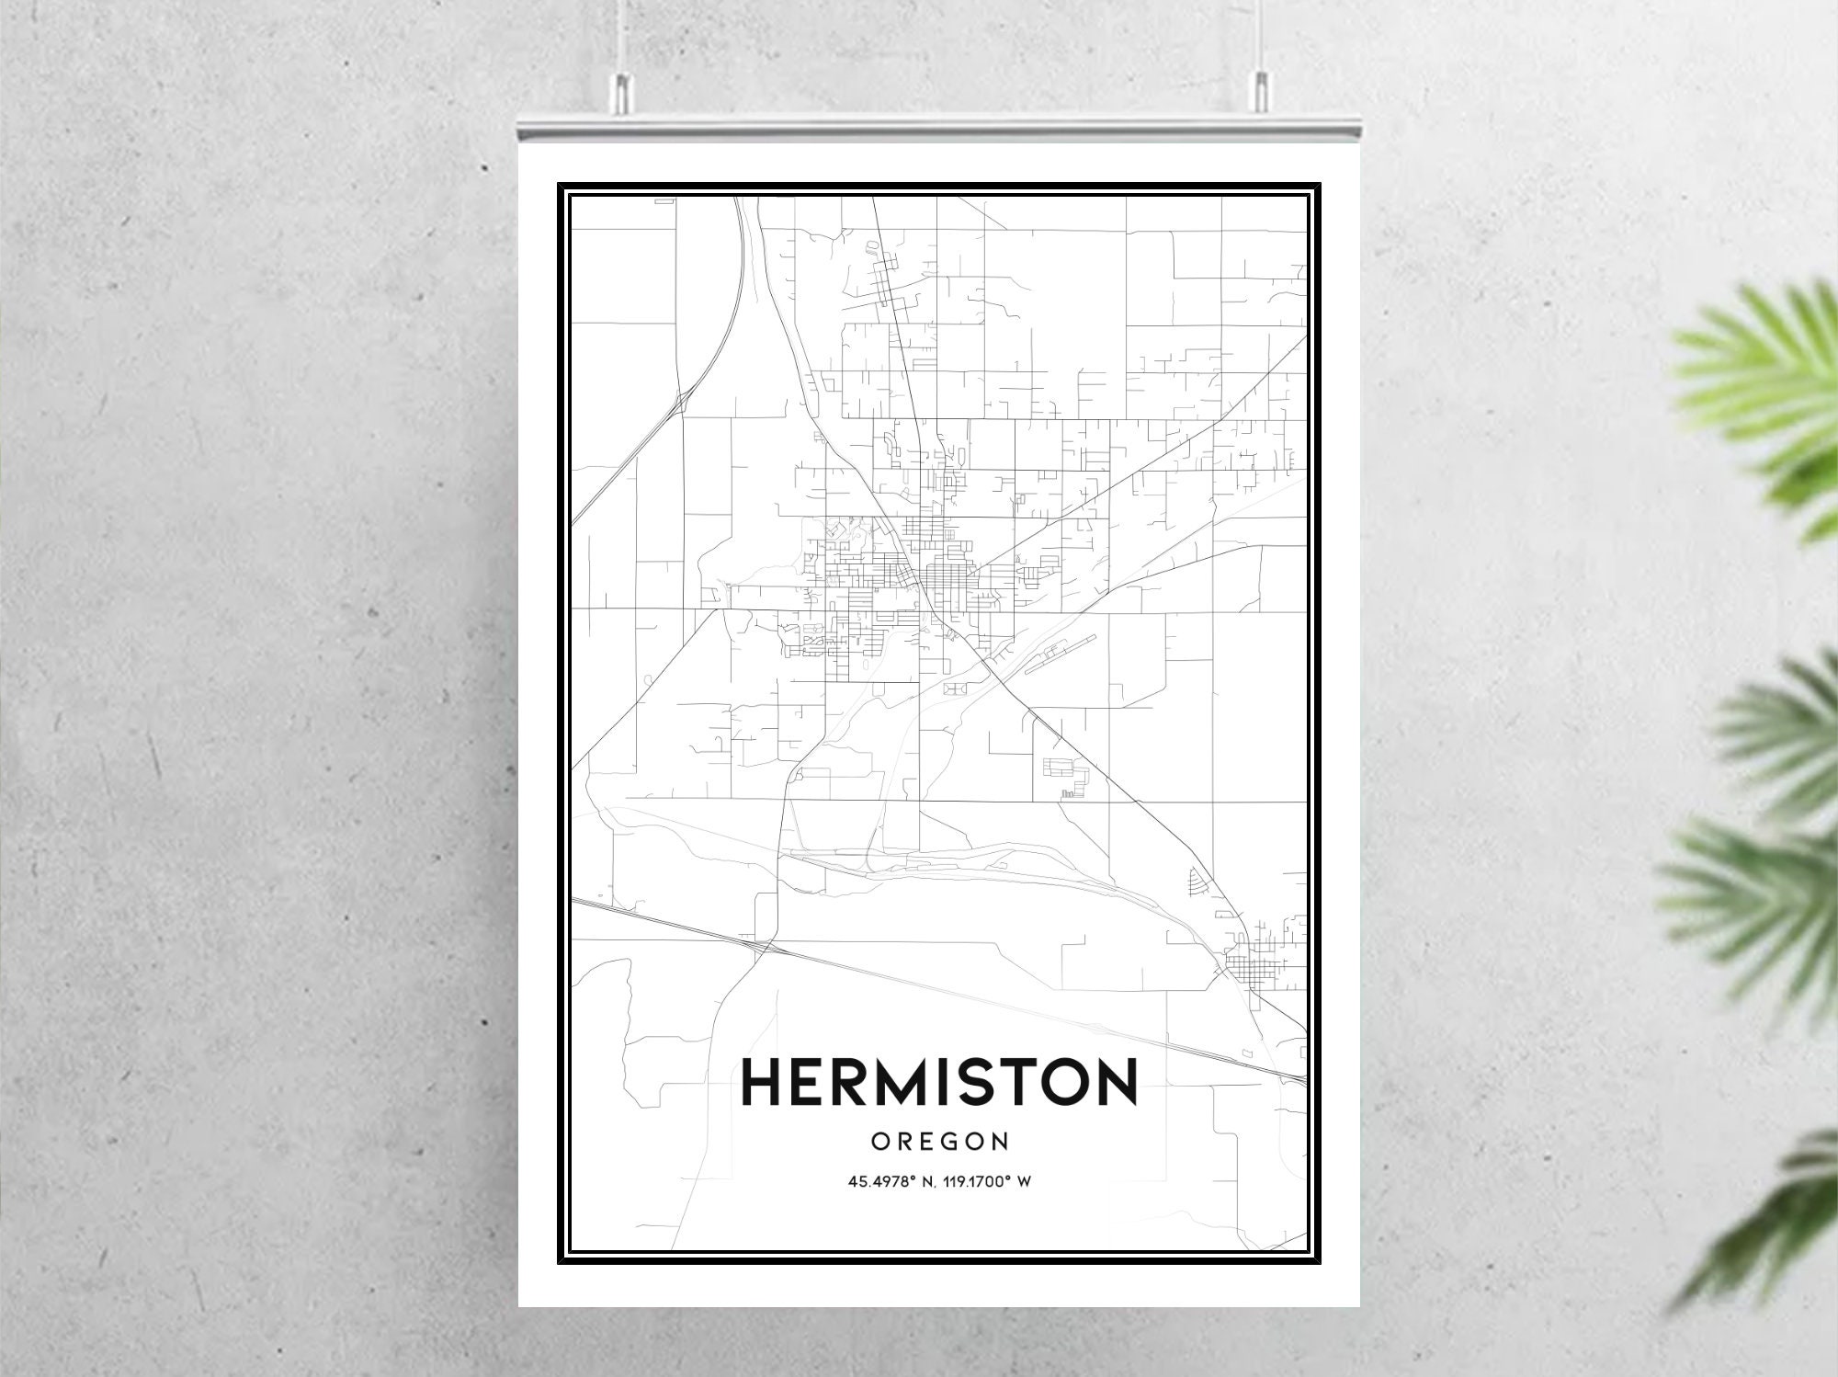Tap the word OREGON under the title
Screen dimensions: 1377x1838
click(939, 1142)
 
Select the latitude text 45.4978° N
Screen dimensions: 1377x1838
click(894, 1182)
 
